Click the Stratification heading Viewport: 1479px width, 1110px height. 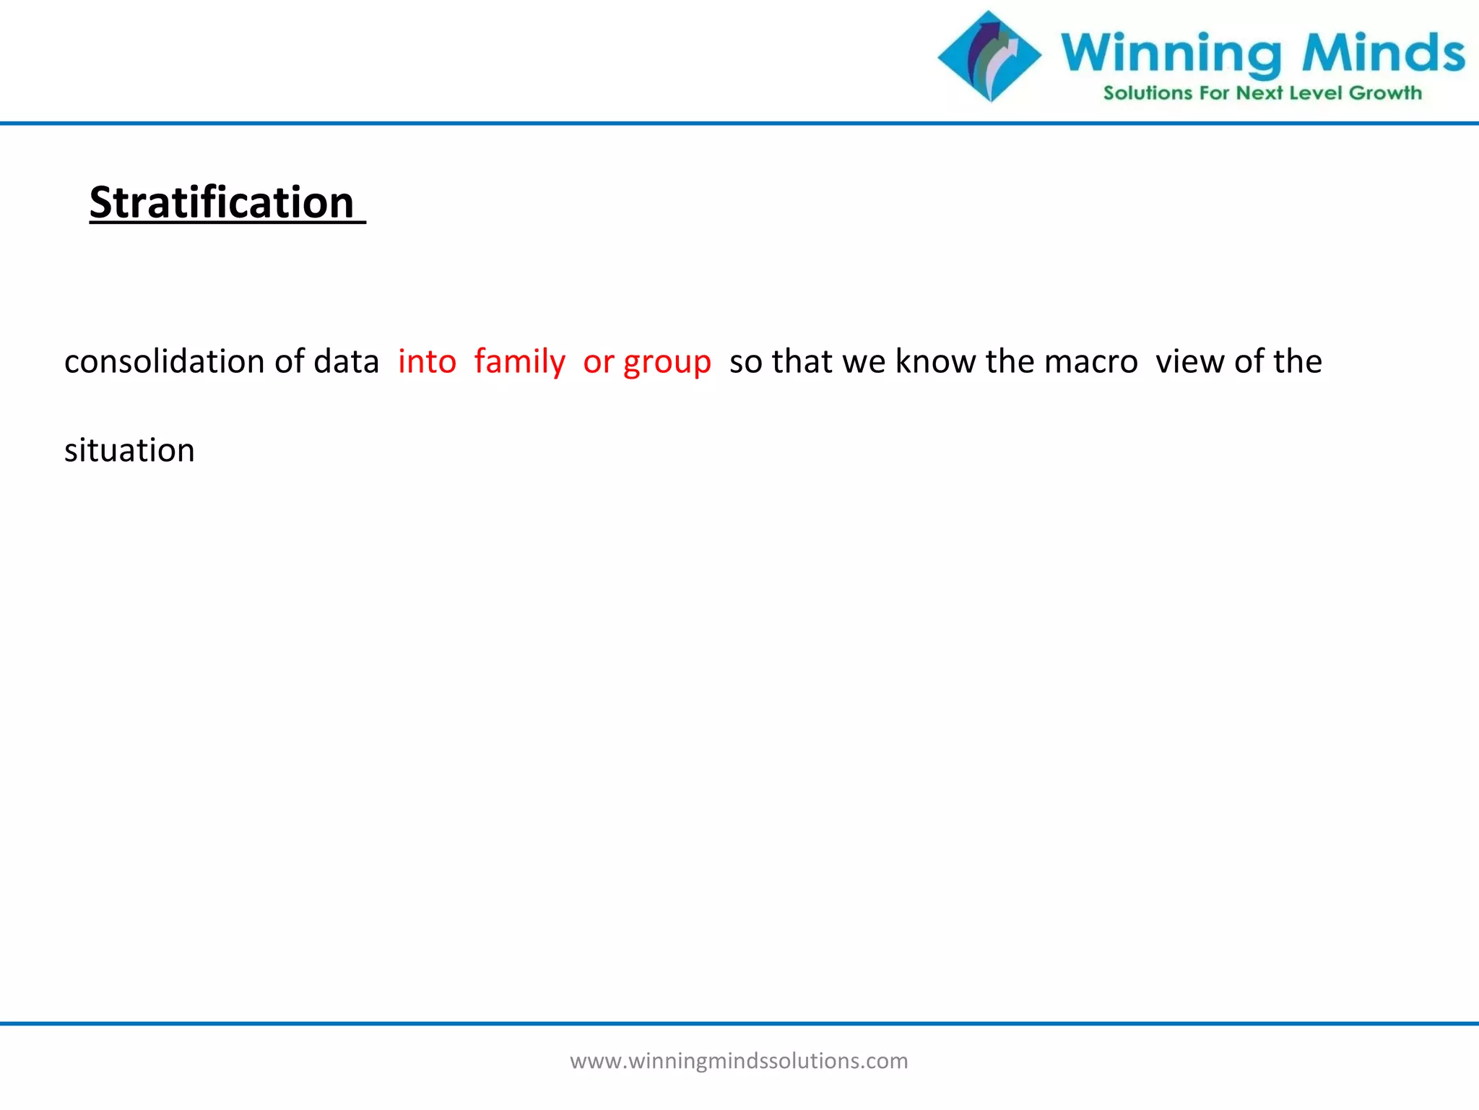pyautogui.click(x=222, y=202)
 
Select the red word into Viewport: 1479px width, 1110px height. pyautogui.click(x=427, y=361)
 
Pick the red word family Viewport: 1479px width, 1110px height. pyautogui.click(x=519, y=361)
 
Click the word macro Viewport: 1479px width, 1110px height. pyautogui.click(x=1090, y=361)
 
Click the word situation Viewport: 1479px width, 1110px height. pyautogui.click(x=129, y=450)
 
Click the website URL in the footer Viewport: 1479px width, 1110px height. pyautogui.click(x=739, y=1061)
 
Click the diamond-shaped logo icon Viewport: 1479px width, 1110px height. pyautogui.click(x=989, y=56)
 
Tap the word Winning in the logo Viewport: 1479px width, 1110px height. pyautogui.click(x=1171, y=53)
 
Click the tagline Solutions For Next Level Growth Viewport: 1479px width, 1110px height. pyautogui.click(x=1262, y=93)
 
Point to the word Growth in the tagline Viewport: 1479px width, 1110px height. pyautogui.click(x=1384, y=93)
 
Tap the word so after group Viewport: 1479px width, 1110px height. pyautogui.click(x=745, y=361)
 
